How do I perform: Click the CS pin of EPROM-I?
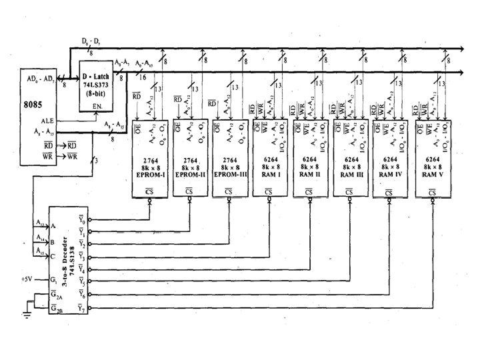click(x=149, y=191)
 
